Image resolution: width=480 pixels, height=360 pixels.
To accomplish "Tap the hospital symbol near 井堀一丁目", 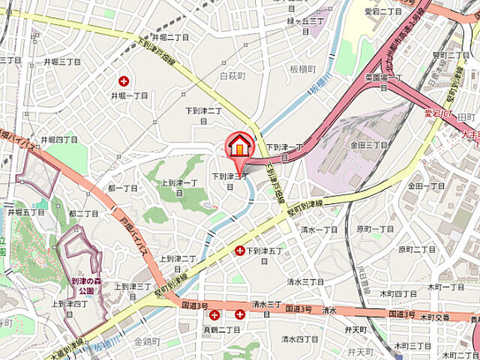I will pos(124,81).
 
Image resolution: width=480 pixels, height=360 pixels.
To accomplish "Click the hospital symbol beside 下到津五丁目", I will pos(240,251).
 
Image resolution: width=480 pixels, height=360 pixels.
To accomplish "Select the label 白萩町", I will pos(232,76).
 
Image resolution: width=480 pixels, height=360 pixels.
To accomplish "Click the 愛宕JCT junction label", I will pos(438,112).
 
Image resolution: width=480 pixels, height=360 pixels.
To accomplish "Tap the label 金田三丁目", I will pos(368,145).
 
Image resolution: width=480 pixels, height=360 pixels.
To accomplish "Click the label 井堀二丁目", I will pos(169,37).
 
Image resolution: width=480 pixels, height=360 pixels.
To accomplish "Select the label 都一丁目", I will pos(122,187).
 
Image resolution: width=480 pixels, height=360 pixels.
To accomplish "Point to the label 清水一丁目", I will pos(320,229).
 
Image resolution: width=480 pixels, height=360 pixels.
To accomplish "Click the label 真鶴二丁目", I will pos(222,330).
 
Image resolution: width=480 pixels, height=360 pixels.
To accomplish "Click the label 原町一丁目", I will pos(375,229).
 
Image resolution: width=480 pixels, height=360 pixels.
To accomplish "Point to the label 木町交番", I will pos(435,317).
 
